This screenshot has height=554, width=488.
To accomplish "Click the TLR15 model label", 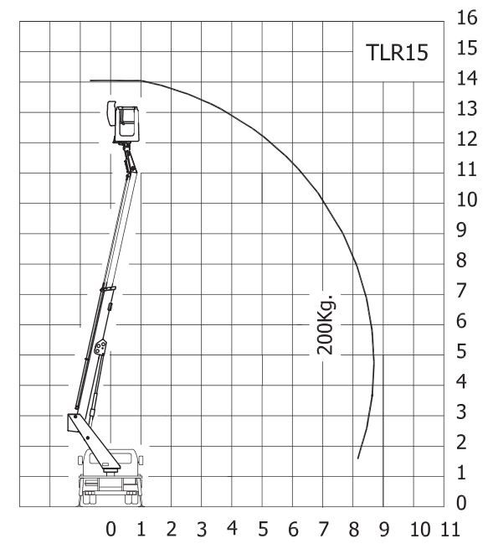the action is [x=397, y=53].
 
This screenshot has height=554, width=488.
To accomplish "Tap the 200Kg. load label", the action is [x=326, y=324].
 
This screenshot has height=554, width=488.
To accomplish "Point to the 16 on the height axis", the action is [x=467, y=18].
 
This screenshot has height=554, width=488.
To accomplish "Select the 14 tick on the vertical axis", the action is [x=467, y=78].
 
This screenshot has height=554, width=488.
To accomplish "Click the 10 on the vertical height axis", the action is [x=467, y=199].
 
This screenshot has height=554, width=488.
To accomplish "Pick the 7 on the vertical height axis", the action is [x=461, y=291].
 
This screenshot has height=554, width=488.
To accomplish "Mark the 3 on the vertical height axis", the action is [x=461, y=412].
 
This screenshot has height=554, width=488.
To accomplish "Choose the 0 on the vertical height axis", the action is [x=461, y=502].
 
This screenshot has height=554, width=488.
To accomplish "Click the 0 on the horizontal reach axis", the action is [x=110, y=529].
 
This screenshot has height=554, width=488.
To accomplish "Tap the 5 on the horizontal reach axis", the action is [x=263, y=529].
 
